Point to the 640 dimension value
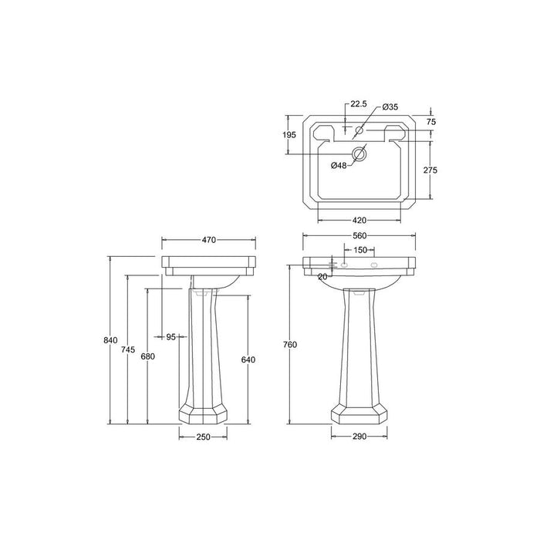tap(248, 359)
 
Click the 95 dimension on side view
tap(171, 336)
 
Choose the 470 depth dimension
tap(208, 241)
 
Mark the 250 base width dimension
tap(203, 438)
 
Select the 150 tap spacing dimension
tap(360, 251)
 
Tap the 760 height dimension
tap(289, 344)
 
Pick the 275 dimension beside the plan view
tap(431, 170)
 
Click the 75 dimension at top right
tap(431, 122)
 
